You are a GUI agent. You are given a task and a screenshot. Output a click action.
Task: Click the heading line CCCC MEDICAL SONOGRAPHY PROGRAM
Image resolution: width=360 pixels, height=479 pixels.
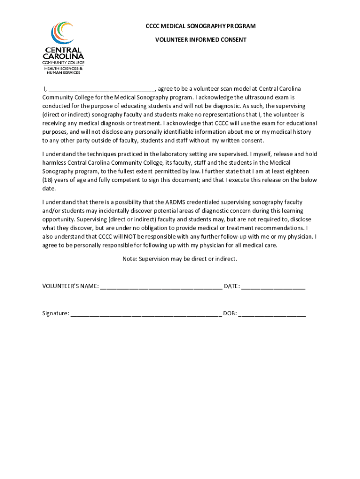(201, 27)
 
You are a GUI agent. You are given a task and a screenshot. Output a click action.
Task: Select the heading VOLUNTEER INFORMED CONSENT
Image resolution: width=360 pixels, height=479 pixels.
(201, 40)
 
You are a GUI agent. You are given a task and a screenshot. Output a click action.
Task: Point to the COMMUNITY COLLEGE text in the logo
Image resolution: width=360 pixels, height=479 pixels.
(63, 62)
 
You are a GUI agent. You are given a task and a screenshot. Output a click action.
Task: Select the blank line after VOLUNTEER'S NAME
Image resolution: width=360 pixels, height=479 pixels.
(161, 286)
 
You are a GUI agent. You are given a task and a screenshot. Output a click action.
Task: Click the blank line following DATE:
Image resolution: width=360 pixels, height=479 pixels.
(274, 286)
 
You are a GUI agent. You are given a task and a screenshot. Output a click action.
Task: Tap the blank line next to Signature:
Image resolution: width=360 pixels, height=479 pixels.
(146, 313)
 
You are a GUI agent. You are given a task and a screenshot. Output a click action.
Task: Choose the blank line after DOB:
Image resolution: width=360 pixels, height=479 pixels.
(272, 313)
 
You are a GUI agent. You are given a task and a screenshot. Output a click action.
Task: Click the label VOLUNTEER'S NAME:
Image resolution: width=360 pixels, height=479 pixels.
(71, 286)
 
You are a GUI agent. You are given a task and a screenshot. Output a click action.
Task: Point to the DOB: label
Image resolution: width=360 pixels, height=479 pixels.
(230, 313)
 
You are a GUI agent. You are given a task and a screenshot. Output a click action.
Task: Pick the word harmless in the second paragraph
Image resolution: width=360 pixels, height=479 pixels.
(54, 163)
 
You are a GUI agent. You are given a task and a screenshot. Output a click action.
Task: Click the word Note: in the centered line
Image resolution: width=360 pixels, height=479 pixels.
(130, 259)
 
